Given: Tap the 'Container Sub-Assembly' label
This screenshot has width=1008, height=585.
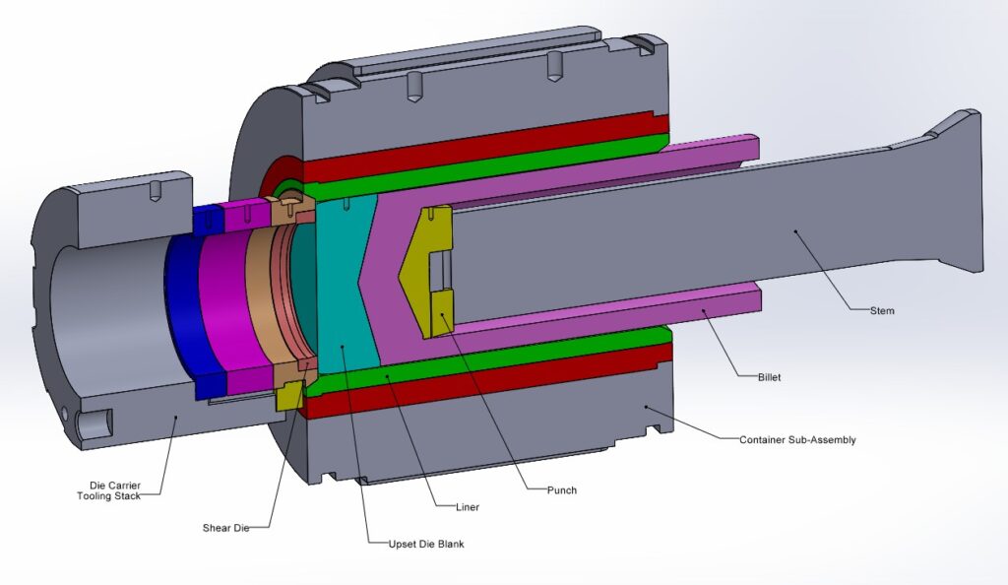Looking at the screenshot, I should [797, 440].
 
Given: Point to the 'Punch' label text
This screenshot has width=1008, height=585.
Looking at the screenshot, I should [562, 489].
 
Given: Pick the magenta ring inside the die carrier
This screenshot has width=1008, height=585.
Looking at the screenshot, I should [221, 305].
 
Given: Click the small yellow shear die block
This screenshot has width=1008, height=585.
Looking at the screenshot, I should [288, 395].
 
